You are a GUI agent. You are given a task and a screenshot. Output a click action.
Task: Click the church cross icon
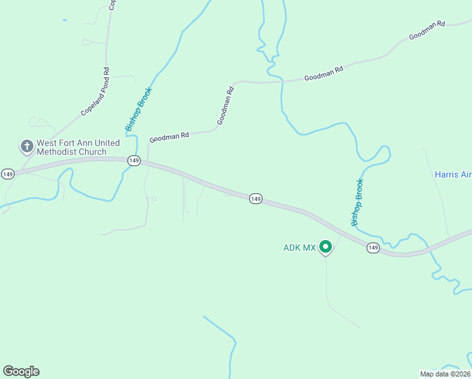[x=27, y=147]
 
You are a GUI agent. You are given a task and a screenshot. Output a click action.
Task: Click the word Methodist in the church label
[x=59, y=152]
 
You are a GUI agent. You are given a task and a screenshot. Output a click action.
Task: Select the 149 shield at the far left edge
[x=8, y=174]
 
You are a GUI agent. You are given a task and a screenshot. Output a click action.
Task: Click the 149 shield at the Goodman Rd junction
[x=133, y=160]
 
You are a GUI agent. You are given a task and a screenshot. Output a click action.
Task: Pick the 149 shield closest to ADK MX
[x=373, y=248]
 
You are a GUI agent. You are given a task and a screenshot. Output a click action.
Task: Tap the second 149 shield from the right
[x=256, y=198]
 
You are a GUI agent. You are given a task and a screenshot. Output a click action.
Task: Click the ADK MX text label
[x=299, y=248]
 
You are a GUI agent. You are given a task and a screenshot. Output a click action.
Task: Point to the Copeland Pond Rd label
[x=95, y=92]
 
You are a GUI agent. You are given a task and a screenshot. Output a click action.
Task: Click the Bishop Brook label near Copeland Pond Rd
[x=139, y=109]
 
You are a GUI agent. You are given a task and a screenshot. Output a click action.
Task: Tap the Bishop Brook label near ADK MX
[x=358, y=202]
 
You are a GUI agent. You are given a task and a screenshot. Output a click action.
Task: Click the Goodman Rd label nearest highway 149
[x=169, y=136]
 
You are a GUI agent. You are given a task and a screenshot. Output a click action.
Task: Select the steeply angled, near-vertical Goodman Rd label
[x=225, y=105]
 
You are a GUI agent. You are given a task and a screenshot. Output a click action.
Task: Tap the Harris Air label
[x=452, y=174]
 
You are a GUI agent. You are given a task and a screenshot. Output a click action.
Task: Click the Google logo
[x=21, y=371]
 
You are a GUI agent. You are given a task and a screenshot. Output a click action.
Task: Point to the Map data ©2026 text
[x=445, y=374]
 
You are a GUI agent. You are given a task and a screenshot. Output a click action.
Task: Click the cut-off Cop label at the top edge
[x=112, y=4]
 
